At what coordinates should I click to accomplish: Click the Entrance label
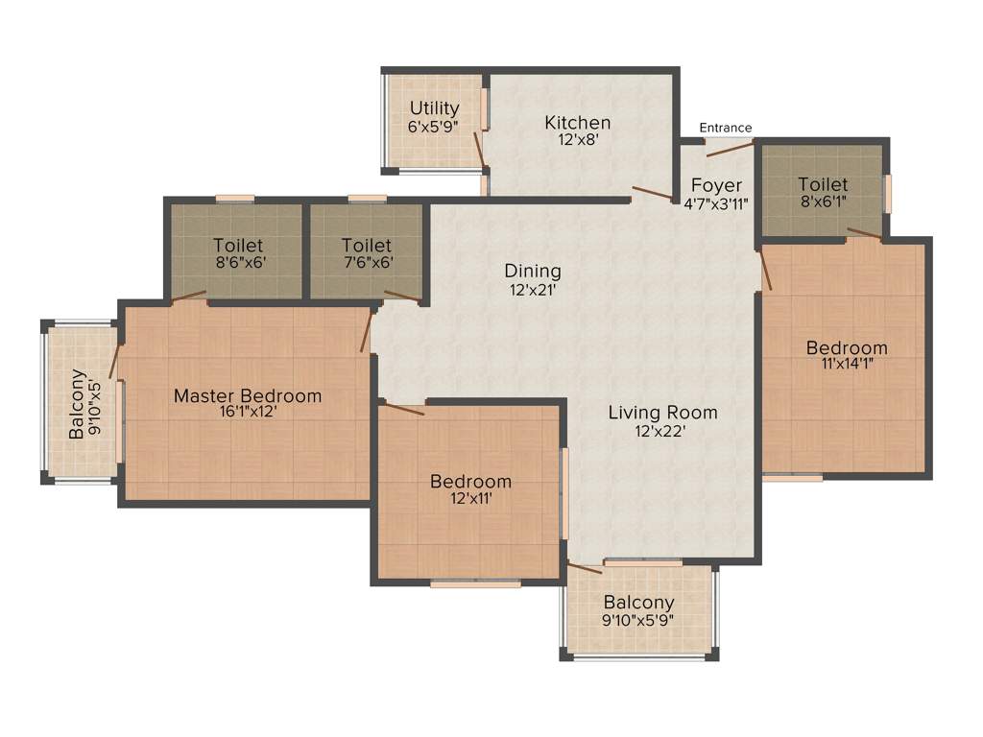(725, 128)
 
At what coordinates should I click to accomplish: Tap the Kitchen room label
(577, 123)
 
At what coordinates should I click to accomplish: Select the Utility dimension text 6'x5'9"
(434, 126)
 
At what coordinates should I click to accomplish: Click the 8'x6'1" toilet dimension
(823, 202)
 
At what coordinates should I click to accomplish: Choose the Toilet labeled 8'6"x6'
(238, 246)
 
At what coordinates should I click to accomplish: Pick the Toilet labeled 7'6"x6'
(366, 246)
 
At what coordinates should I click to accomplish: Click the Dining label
(533, 272)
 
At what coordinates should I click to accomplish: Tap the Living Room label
(662, 413)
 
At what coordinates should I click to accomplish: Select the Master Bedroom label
(248, 395)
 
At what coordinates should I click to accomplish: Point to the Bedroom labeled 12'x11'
(470, 481)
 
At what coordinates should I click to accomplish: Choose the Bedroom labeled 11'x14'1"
(846, 346)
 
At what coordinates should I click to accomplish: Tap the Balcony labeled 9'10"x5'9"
(638, 603)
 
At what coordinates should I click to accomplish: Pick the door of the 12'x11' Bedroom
(403, 409)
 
